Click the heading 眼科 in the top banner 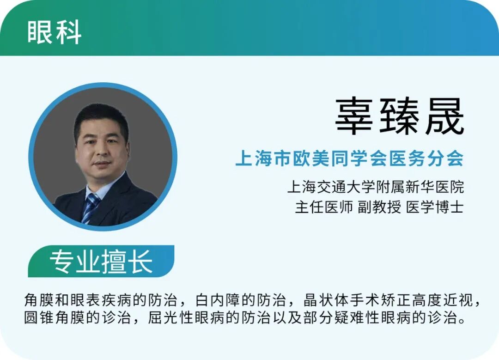[x=54, y=32]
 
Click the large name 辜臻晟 [x=399, y=116]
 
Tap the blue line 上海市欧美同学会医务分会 [x=349, y=158]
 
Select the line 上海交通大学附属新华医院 [x=376, y=187]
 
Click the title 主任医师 [x=323, y=207]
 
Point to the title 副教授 [x=379, y=207]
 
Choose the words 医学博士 [x=435, y=207]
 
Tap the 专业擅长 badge [x=101, y=261]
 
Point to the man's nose [x=103, y=152]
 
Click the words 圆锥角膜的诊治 [x=77, y=317]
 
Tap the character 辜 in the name [x=354, y=116]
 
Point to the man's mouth [x=102, y=165]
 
